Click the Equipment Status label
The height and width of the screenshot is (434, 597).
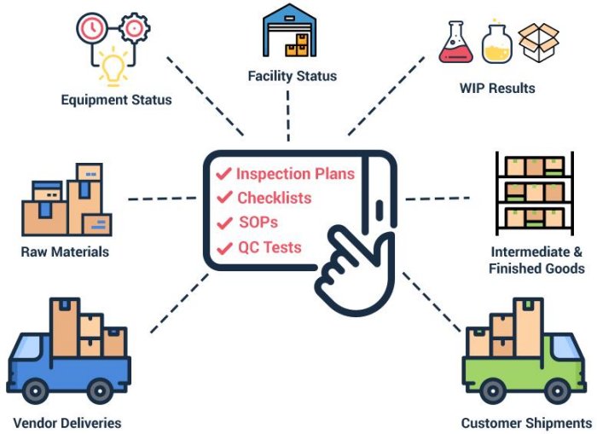click(x=116, y=100)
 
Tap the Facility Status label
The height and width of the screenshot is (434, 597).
click(x=292, y=76)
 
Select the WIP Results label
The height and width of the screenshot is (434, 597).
click(x=496, y=88)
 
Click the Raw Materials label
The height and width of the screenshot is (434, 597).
click(x=65, y=252)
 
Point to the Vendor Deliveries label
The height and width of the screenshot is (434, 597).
click(x=67, y=423)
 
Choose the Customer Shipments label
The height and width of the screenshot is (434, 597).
click(x=525, y=423)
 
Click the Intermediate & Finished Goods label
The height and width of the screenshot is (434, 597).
click(x=536, y=260)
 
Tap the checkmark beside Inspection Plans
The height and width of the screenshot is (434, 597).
click(x=223, y=174)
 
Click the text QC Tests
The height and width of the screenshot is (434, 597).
click(x=269, y=248)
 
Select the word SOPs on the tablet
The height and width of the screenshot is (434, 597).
click(x=258, y=223)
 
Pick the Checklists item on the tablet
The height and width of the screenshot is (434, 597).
click(x=274, y=199)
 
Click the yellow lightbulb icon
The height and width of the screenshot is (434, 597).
click(x=113, y=67)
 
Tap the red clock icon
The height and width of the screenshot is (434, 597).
click(x=90, y=28)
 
